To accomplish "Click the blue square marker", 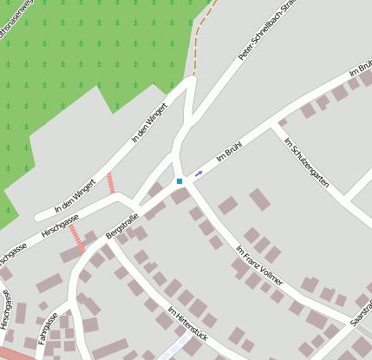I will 179,180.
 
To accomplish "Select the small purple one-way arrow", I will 199,173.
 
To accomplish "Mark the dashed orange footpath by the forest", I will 199,43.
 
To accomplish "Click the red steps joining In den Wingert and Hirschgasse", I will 110,183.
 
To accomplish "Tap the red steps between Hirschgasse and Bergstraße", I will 77,238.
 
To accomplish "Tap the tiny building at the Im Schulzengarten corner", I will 282,121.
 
